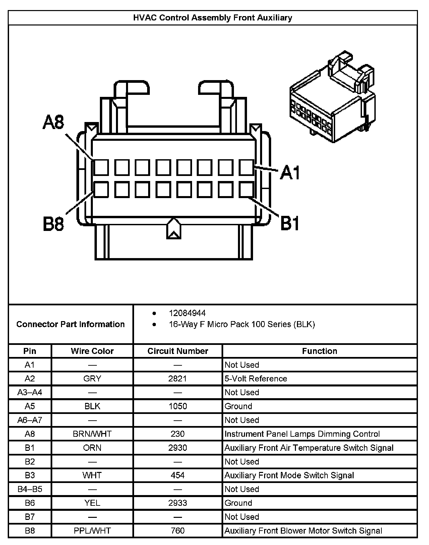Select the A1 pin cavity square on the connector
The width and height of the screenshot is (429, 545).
pyautogui.click(x=246, y=167)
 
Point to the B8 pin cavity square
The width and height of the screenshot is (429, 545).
pyautogui.click(x=101, y=189)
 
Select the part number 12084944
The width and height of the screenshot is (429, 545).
pyautogui.click(x=187, y=313)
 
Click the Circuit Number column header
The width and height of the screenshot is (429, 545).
pyautogui.click(x=178, y=351)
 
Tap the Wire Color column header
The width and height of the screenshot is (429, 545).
pyautogui.click(x=92, y=351)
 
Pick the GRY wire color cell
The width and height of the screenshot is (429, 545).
pyautogui.click(x=92, y=378)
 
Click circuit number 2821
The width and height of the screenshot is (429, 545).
pyautogui.click(x=178, y=378)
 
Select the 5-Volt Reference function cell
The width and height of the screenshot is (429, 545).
pyautogui.click(x=256, y=378)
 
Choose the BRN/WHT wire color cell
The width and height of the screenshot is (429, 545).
pyautogui.click(x=92, y=434)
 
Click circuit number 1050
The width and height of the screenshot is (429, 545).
pyautogui.click(x=178, y=406)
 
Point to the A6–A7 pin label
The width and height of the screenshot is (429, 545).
pyautogui.click(x=30, y=420)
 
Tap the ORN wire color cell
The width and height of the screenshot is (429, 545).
pyautogui.click(x=92, y=448)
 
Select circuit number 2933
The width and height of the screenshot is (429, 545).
pyautogui.click(x=178, y=503)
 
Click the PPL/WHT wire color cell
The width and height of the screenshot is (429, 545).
pyautogui.click(x=92, y=531)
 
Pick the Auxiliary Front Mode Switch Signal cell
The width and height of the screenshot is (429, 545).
pyautogui.click(x=289, y=475)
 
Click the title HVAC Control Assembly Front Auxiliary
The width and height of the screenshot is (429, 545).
pyautogui.click(x=212, y=18)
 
